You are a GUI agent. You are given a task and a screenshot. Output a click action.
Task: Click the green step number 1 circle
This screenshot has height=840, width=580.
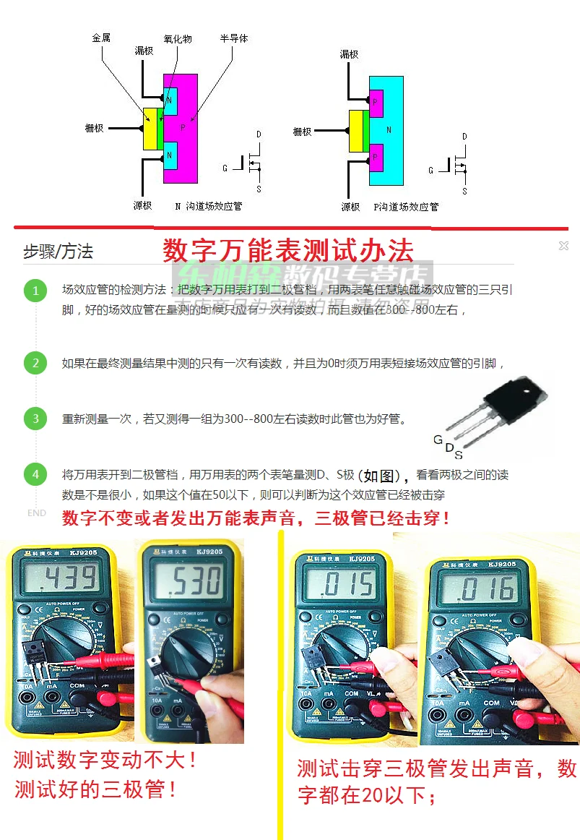tap(35, 291)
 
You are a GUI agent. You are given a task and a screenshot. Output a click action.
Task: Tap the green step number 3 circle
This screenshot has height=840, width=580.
tap(35, 419)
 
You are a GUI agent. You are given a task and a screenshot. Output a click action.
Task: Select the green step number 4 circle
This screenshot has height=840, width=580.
tap(35, 475)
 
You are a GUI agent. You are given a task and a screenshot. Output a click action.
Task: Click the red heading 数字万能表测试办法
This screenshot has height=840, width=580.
tap(288, 251)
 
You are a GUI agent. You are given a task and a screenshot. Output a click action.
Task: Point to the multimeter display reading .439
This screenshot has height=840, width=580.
tap(60, 578)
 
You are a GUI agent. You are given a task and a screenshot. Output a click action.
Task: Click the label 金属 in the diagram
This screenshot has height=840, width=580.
tap(101, 38)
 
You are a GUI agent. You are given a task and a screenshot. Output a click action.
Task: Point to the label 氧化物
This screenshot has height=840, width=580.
tap(178, 38)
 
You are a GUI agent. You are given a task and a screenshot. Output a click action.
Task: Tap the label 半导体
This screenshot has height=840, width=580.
tap(234, 38)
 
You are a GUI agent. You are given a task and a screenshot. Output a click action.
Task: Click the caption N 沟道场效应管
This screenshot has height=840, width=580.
tap(209, 206)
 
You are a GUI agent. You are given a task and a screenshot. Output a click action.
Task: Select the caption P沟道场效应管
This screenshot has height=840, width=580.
tap(406, 207)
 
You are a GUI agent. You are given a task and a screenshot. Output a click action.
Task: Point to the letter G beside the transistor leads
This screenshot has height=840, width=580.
tap(438, 440)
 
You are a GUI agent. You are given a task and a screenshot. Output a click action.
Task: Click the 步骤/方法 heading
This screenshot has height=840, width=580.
tap(58, 252)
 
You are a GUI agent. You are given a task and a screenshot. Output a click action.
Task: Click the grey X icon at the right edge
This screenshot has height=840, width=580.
tap(563, 247)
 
